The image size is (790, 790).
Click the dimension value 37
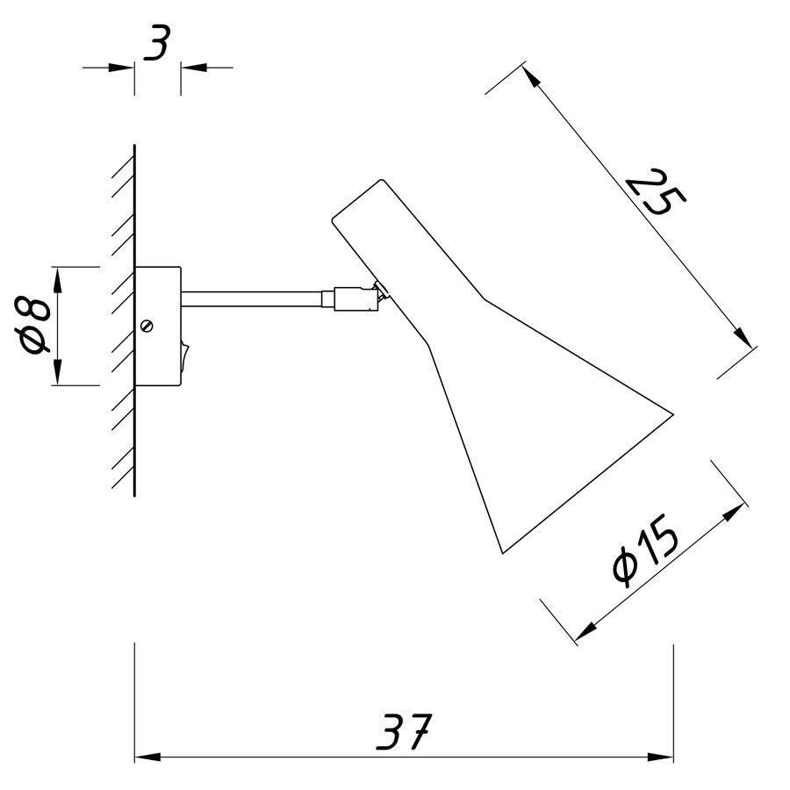405,731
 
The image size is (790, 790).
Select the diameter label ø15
645,550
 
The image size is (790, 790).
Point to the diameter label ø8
33,325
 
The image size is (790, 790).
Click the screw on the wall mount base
147,326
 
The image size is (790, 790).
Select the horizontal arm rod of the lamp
252,298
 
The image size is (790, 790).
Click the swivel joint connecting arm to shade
355,298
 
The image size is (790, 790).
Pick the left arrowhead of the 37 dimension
147,757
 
